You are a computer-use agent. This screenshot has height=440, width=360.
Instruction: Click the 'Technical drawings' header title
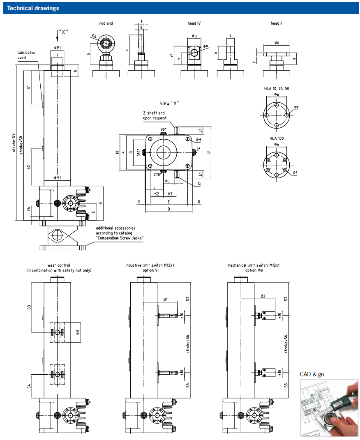click(x=33, y=8)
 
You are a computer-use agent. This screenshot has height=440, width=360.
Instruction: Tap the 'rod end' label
click(x=106, y=23)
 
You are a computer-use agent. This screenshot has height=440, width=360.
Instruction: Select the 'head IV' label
click(x=194, y=23)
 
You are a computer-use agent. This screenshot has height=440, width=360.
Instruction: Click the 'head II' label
click(x=276, y=23)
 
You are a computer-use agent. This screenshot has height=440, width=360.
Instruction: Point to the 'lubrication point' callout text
click(x=27, y=55)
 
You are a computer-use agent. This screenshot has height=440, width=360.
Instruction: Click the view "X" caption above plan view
click(x=170, y=103)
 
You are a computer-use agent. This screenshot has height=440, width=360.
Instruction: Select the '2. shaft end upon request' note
click(x=155, y=115)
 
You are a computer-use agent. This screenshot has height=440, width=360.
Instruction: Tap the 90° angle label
click(x=163, y=129)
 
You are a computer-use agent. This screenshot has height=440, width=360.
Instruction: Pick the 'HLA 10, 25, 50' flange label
click(x=276, y=88)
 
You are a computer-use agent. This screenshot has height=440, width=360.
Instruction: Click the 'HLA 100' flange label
click(x=276, y=138)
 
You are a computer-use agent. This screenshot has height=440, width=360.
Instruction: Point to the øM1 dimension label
click(x=58, y=178)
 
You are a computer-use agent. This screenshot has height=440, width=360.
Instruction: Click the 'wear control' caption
click(x=59, y=265)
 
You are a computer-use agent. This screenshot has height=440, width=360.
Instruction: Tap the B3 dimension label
click(x=77, y=332)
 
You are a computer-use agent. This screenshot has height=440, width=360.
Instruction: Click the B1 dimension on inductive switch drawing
click(x=165, y=300)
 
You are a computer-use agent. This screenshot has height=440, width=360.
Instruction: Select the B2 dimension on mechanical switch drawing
click(x=263, y=296)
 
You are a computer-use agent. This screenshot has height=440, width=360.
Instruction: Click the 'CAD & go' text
click(x=312, y=374)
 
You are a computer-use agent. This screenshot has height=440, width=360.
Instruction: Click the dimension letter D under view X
click(x=168, y=209)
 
